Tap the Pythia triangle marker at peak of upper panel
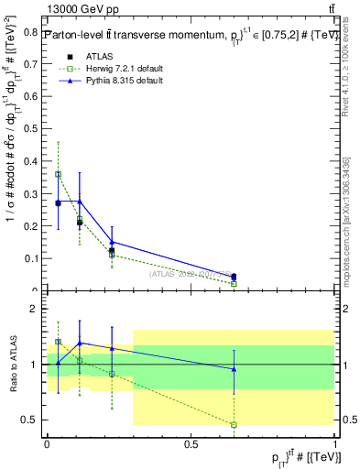tap(80, 202)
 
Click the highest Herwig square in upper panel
tap(58, 174)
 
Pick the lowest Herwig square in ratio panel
tap(234, 424)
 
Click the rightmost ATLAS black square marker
tap(234, 277)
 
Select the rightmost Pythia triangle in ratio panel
tap(234, 369)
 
